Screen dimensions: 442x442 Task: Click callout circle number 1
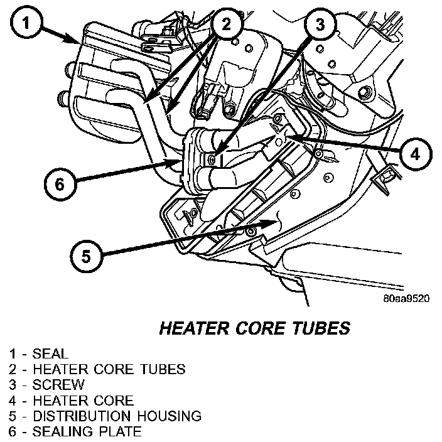[25, 24]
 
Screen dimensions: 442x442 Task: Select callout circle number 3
[320, 25]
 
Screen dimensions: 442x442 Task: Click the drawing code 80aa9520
[406, 299]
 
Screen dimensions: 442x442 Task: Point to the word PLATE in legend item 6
[119, 431]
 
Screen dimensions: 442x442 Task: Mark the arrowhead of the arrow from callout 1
[80, 42]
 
